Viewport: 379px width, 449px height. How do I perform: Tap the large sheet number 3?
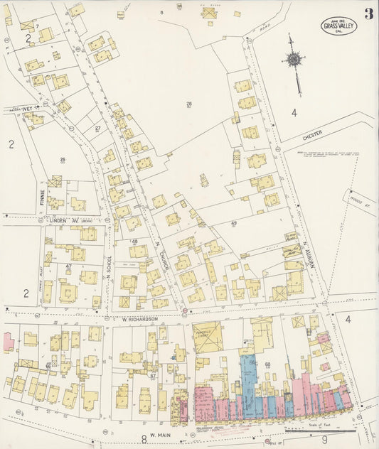coord(368,15)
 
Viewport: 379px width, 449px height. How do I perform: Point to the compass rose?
coord(293,59)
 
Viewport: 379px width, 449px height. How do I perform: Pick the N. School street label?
coord(110,266)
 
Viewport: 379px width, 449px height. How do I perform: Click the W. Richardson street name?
coord(134,320)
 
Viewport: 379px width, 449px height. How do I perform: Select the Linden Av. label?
coord(70,221)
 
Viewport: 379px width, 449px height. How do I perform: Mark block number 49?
coord(233,223)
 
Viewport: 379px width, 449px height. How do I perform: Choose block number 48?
coord(134,242)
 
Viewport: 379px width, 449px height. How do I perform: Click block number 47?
coord(68,266)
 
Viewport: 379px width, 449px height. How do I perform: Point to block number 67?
coord(152,374)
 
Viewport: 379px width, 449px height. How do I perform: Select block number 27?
coord(98,128)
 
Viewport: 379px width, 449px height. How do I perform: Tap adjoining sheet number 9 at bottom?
coord(324,440)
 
